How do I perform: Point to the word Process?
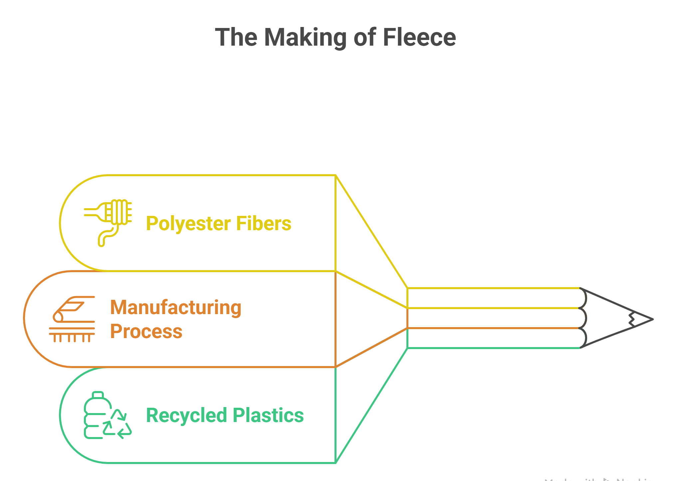click(146, 331)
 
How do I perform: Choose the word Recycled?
click(186, 415)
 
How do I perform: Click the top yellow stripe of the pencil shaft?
click(493, 298)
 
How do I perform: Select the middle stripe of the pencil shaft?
click(493, 318)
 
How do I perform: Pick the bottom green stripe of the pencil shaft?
click(493, 338)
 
